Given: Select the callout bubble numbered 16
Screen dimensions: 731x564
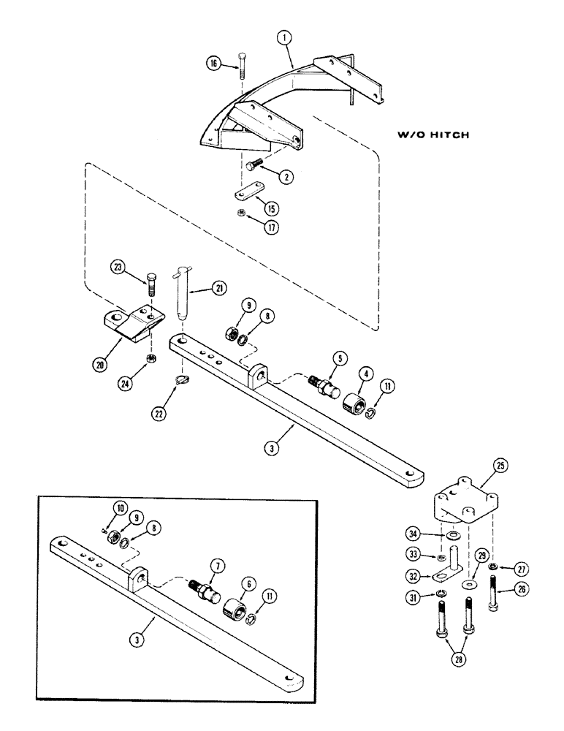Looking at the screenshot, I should pyautogui.click(x=213, y=64).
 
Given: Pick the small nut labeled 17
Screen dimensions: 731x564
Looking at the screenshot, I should pyautogui.click(x=242, y=234).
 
